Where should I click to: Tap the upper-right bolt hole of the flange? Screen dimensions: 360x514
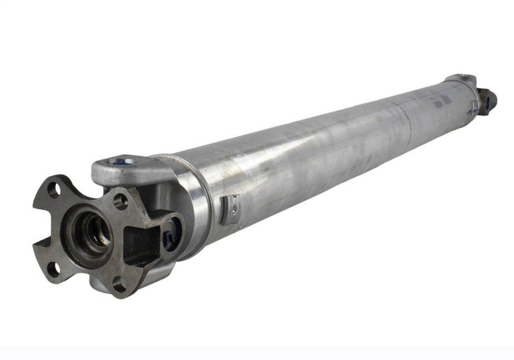[120, 201]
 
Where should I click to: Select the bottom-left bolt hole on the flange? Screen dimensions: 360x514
[55, 264]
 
